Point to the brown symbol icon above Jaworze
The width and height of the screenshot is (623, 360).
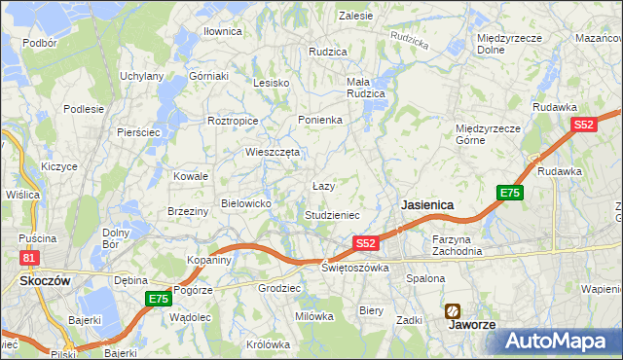[454, 310]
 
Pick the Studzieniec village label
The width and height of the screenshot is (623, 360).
[333, 214]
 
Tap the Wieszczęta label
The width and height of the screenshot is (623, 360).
[273, 152]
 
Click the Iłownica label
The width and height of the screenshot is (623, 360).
[222, 31]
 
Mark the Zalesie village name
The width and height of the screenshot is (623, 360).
[355, 16]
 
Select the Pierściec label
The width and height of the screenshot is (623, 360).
[137, 131]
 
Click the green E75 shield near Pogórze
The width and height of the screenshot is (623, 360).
[159, 299]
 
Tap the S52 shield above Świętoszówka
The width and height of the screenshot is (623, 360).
[365, 242]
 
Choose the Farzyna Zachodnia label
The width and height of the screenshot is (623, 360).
[457, 244]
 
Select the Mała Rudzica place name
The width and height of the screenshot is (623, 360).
[366, 88]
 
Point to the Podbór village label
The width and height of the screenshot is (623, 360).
[39, 43]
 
